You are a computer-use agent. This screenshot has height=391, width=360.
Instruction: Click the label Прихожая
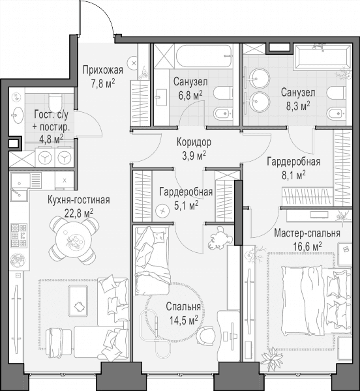[103, 70]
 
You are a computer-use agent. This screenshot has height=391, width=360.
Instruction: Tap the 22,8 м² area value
[79, 214]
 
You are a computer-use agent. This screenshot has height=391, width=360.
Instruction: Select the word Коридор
[194, 142]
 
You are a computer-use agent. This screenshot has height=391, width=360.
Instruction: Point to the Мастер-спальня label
[307, 233]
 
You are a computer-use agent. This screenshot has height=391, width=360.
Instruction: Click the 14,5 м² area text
[184, 320]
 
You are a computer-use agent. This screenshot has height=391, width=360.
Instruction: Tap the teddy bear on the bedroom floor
[220, 238]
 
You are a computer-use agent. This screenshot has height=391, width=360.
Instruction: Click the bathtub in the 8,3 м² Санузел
[323, 56]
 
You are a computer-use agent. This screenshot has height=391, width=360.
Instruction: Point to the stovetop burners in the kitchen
[19, 236]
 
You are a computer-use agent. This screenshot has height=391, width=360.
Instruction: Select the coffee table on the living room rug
[78, 302]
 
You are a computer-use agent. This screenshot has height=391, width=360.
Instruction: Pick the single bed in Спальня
[153, 261]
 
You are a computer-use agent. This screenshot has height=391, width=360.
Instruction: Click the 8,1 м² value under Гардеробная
[293, 175]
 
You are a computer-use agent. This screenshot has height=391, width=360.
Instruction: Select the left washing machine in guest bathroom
[45, 158]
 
